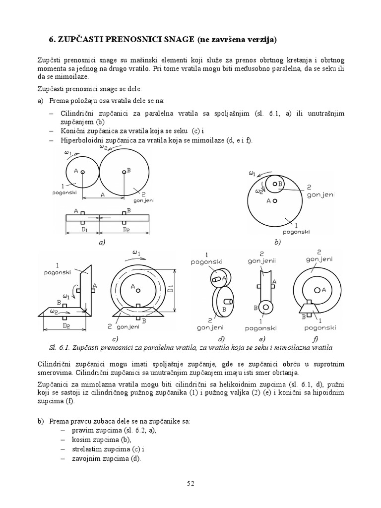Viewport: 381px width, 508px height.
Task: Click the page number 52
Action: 190,484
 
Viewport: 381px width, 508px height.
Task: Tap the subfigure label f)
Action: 315,339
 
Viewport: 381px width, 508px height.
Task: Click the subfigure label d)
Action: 222,339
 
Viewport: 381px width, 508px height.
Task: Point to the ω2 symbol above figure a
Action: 104,146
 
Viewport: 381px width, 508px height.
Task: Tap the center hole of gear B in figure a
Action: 123,172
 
